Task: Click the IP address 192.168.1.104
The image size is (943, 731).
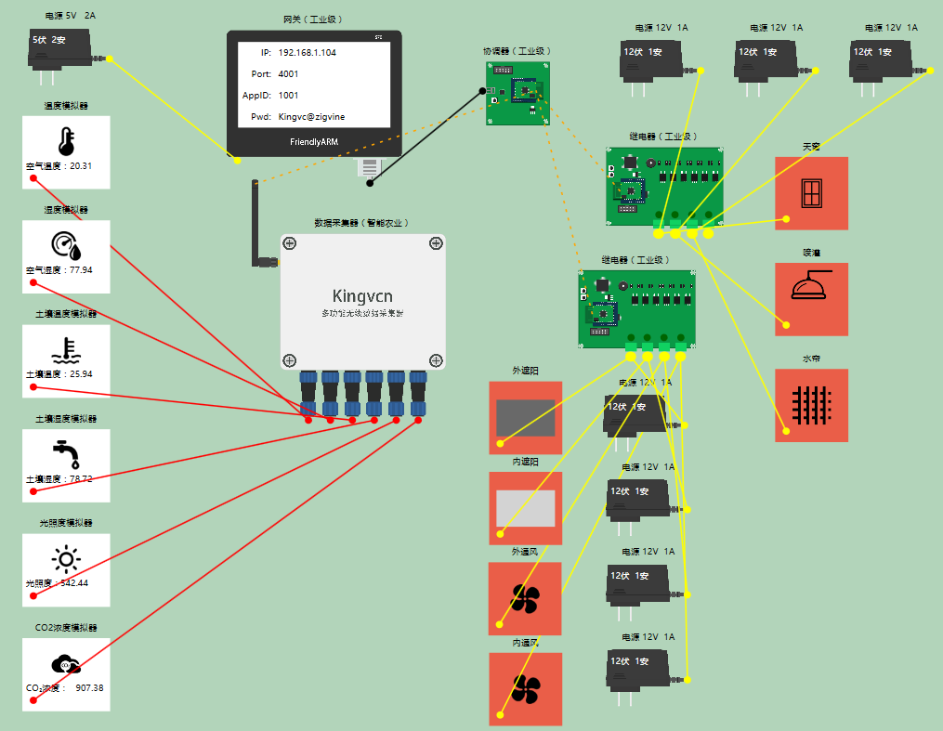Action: (x=307, y=53)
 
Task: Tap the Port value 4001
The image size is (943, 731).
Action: (x=288, y=74)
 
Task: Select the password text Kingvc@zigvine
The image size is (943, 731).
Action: (x=318, y=117)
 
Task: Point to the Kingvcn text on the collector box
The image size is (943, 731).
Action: (x=362, y=296)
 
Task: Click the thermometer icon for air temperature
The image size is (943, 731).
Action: (x=66, y=141)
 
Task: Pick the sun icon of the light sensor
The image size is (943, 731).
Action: (x=66, y=558)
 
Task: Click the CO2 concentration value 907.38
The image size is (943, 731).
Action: (x=89, y=688)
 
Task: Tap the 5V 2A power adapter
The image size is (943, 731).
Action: (x=60, y=49)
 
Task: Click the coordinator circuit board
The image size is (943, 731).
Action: (x=517, y=94)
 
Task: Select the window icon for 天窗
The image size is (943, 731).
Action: (x=811, y=193)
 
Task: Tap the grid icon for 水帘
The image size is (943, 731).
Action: (x=811, y=405)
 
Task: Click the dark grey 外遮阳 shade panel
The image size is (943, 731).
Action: (x=526, y=418)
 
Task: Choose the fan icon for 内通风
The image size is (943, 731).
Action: (x=526, y=688)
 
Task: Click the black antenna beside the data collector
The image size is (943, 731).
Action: (x=255, y=223)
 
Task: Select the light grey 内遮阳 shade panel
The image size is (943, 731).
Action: (x=526, y=508)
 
